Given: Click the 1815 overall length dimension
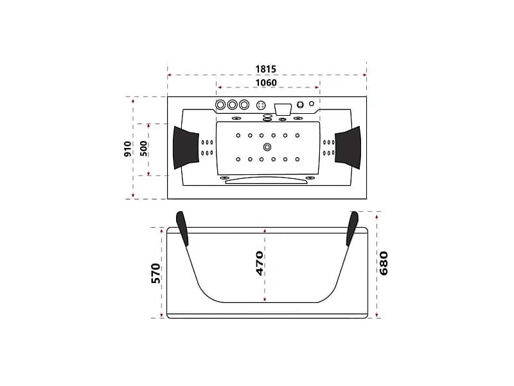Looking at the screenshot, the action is (266, 69).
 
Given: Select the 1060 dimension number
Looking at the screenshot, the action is (266, 83).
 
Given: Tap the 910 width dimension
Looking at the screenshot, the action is (128, 149).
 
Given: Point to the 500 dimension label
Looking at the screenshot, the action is (143, 149).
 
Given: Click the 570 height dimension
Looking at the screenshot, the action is (156, 273).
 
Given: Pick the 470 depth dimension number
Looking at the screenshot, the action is (260, 264).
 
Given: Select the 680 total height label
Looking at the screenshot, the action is (383, 263).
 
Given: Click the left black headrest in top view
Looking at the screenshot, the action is (186, 148).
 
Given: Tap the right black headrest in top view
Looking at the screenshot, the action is (348, 148).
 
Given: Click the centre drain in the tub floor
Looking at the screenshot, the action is (267, 147).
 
